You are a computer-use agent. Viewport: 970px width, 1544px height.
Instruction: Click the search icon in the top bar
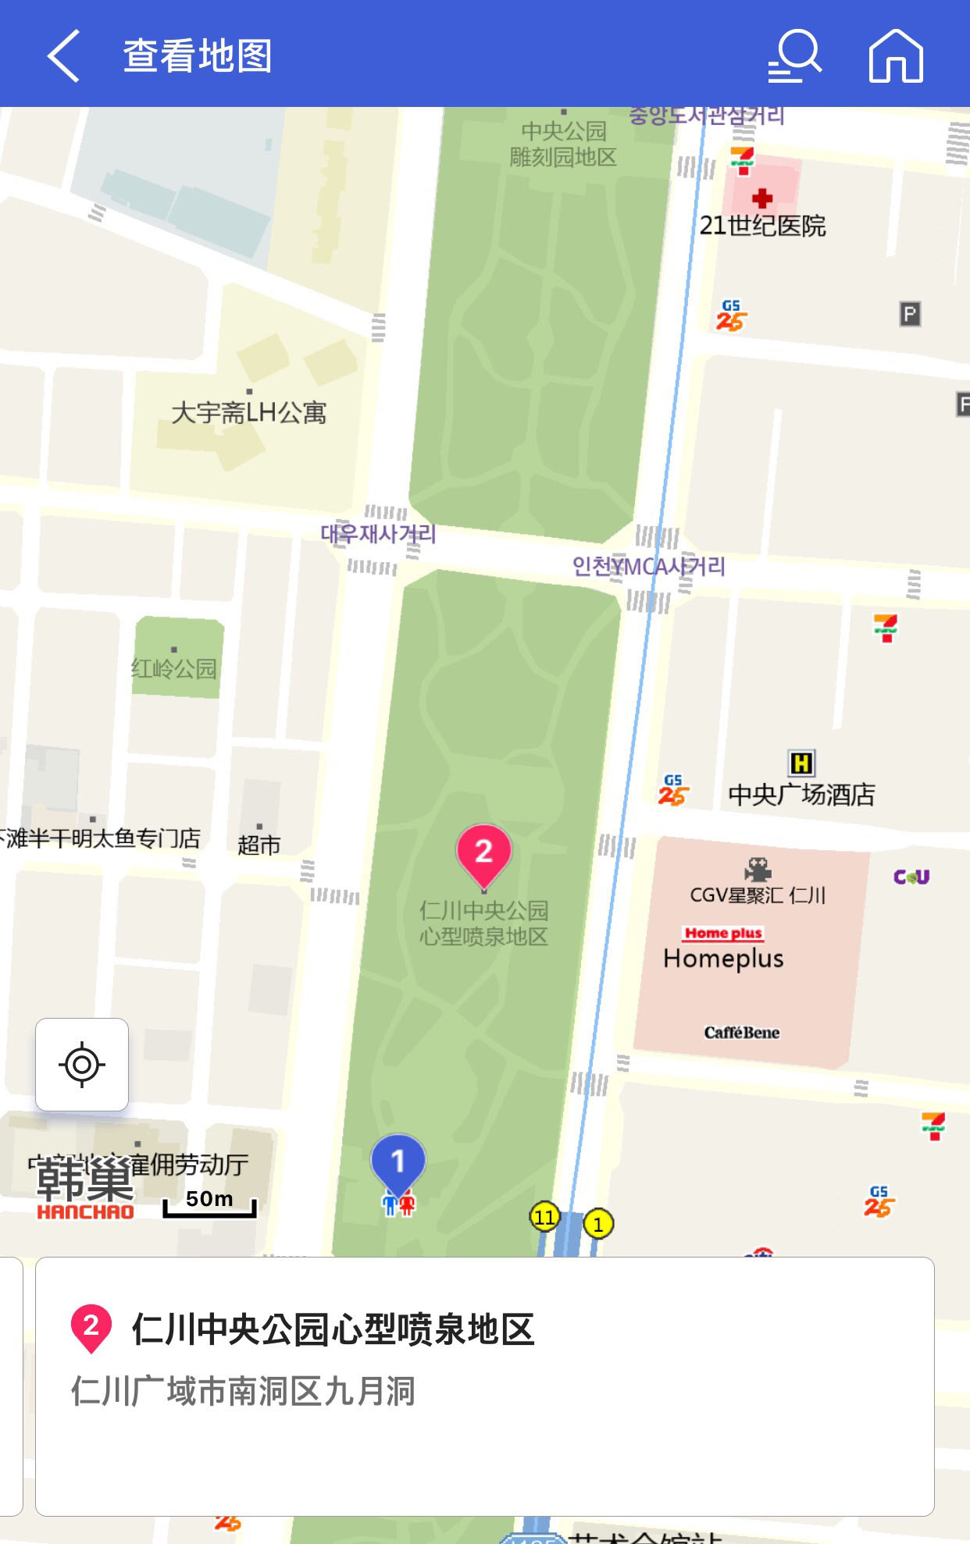(x=794, y=55)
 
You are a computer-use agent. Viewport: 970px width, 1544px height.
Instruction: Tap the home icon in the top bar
(x=896, y=55)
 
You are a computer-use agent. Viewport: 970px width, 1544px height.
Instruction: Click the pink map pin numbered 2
(x=483, y=853)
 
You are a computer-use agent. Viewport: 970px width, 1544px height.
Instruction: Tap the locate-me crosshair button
(x=82, y=1064)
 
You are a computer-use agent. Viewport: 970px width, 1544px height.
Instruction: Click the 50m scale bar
(x=209, y=1203)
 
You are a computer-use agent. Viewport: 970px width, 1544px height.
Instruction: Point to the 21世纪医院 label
(x=762, y=226)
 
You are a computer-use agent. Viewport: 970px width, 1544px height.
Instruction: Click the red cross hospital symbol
(x=762, y=197)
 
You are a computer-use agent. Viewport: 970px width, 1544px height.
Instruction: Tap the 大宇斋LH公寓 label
(x=248, y=411)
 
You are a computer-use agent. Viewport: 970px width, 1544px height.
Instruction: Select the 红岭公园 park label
(x=173, y=668)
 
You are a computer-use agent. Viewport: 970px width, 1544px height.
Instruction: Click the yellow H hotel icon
(x=801, y=763)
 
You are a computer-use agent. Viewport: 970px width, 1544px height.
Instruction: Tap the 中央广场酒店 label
(x=801, y=795)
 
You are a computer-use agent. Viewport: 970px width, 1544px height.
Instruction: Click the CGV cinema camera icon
(x=757, y=869)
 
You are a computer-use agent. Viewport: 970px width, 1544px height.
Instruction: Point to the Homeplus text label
(x=723, y=959)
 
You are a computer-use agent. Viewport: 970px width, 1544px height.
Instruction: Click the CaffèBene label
(x=741, y=1033)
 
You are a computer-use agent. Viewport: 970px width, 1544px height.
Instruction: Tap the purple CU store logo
(x=911, y=877)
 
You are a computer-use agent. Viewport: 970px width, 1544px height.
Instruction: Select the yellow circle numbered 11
(x=544, y=1216)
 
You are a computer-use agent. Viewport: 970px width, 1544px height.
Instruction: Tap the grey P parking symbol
(x=910, y=314)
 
